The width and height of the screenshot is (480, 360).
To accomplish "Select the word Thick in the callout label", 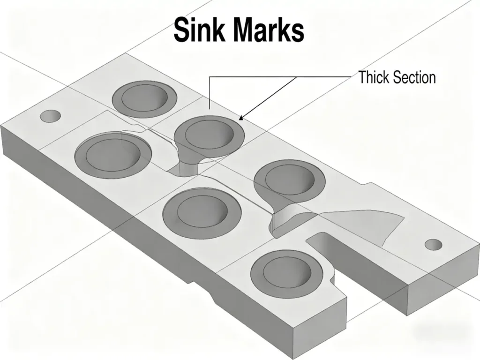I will [374, 77].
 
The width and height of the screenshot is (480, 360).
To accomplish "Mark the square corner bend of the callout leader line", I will [210, 77].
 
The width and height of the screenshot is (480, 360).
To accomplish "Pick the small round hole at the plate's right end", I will [433, 245].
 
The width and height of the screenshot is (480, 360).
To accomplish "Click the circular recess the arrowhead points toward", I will [210, 133].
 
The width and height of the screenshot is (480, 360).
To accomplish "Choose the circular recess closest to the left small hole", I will [113, 155].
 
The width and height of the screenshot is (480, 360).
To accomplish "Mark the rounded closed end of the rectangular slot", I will [313, 239].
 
